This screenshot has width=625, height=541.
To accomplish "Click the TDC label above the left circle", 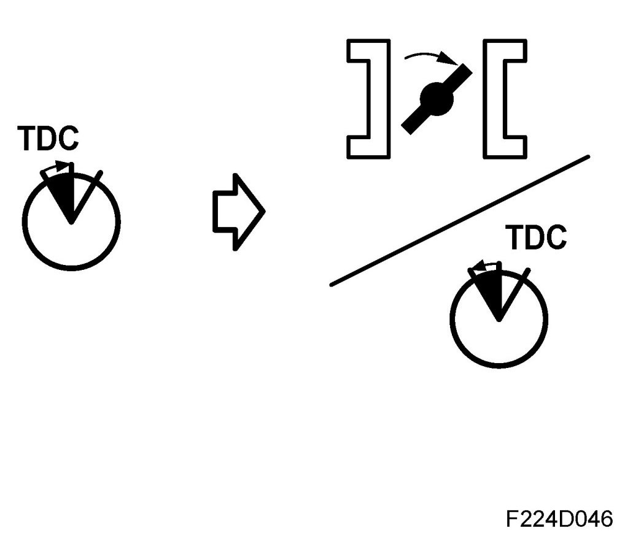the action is tap(49, 139).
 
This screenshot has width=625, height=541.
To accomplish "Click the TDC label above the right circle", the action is tap(535, 237).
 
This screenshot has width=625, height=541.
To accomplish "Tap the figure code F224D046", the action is tap(559, 519).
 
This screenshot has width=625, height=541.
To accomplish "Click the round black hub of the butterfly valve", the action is tap(437, 98).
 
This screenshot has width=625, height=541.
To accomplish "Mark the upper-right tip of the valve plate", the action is tap(466, 71).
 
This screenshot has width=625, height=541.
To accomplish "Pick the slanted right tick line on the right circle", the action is tap(514, 292).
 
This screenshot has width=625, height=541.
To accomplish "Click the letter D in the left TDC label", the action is tap(49, 139).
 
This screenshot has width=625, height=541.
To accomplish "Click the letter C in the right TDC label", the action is tap(554, 237).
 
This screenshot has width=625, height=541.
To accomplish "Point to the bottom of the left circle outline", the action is tap(71, 267).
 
